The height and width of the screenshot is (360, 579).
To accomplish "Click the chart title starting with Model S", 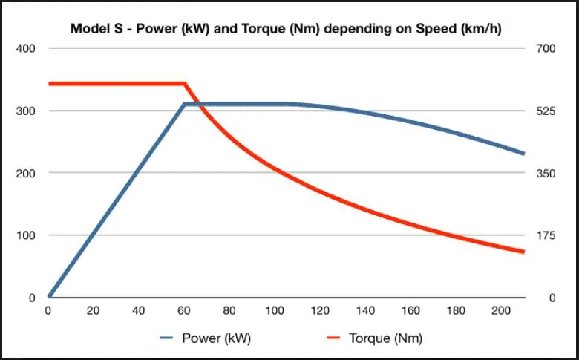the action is (x=286, y=29).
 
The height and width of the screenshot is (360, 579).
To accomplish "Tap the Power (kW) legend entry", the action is (x=206, y=338).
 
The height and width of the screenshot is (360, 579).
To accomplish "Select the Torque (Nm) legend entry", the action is (x=375, y=338).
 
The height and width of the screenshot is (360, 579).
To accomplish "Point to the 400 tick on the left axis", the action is (x=25, y=48).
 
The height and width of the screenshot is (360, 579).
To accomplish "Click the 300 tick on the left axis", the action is (x=25, y=111).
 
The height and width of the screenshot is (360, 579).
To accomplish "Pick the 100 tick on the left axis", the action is (x=25, y=235).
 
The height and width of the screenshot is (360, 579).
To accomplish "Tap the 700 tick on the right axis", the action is (x=546, y=48).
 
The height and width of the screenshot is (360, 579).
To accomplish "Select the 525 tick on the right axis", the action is (x=546, y=111).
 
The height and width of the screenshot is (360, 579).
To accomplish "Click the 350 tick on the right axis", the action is (x=546, y=173).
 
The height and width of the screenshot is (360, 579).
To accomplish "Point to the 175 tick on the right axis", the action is (x=546, y=235).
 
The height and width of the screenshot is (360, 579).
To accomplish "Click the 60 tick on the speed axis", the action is (x=184, y=310).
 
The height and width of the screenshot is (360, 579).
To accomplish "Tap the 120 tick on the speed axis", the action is (x=320, y=310).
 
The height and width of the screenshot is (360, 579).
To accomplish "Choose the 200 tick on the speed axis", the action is (x=501, y=310).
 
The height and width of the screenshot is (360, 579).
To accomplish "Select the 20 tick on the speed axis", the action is (x=93, y=310).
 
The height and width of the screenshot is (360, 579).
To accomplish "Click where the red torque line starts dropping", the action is (x=185, y=84).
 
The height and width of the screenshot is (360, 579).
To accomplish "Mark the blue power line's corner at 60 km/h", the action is (x=185, y=105).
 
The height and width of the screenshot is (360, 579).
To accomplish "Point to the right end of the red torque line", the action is (x=523, y=252).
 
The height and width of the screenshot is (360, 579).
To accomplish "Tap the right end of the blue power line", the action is (x=523, y=153).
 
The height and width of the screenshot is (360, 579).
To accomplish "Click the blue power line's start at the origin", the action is (x=49, y=296).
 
